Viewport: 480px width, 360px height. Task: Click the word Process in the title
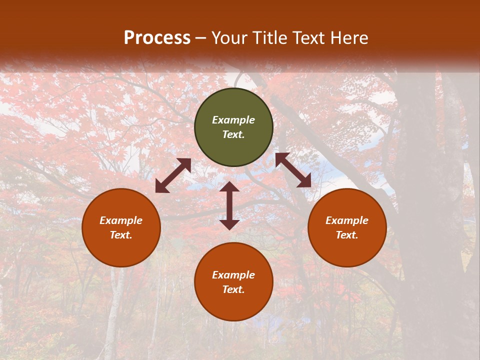157,38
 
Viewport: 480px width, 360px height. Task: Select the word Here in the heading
348,38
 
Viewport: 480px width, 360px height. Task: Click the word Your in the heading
229,38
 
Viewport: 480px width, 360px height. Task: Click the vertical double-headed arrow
229,205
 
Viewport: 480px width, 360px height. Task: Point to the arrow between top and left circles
173,175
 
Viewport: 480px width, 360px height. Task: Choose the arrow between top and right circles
293,170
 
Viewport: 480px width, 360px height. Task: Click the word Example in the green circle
233,120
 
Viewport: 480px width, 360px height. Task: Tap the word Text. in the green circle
233,134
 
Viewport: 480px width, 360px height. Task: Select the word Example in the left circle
121,220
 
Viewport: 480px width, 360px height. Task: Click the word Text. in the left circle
121,235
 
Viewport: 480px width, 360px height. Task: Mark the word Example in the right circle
347,220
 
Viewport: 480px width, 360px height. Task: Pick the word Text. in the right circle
347,235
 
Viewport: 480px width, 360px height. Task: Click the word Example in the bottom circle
233,275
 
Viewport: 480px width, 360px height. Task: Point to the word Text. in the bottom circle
233,289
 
